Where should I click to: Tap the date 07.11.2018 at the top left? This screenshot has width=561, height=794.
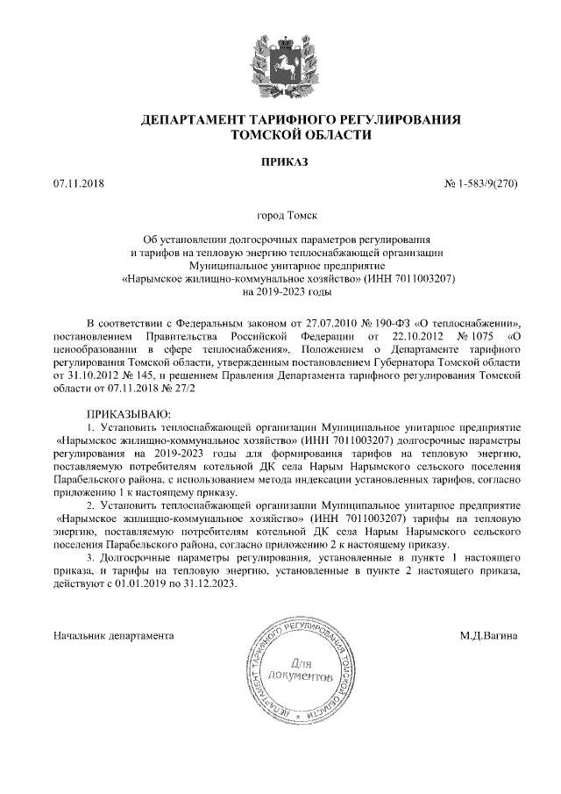point(78,186)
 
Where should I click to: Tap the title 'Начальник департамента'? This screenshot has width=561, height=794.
point(113,633)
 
